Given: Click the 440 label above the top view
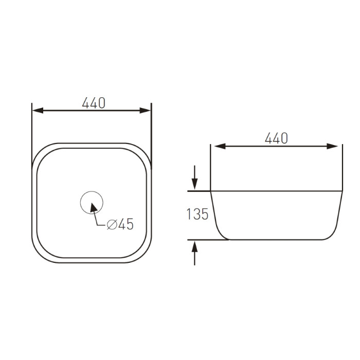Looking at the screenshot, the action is click(x=94, y=103).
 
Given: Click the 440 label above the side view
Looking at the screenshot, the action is click(x=276, y=138).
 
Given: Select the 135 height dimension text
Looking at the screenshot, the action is click(x=197, y=214).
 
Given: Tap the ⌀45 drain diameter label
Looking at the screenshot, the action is click(x=120, y=224).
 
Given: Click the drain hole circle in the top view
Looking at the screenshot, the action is click(x=92, y=191).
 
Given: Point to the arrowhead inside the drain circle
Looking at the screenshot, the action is click(x=93, y=207).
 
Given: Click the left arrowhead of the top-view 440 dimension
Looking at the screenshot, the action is click(x=38, y=111).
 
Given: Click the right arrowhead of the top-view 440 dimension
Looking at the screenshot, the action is click(x=145, y=111).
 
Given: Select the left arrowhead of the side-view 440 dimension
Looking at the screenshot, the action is click(x=220, y=146).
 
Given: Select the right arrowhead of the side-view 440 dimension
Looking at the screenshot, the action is click(x=332, y=146).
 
